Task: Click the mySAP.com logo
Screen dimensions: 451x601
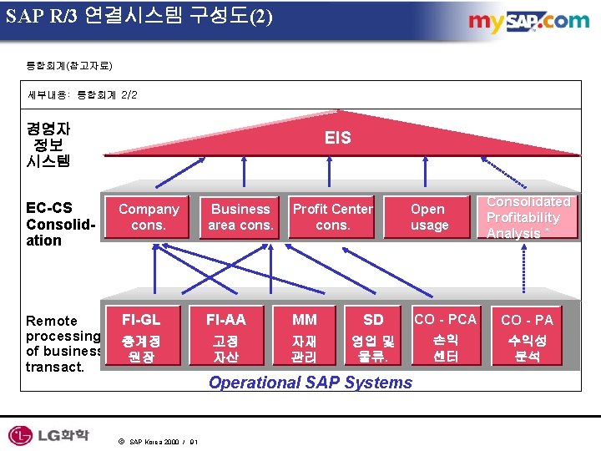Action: (528, 22)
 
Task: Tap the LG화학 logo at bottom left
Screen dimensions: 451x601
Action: (49, 435)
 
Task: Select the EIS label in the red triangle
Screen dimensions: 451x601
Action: (338, 138)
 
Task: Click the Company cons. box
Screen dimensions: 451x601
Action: (149, 217)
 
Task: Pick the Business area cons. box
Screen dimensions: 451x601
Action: (240, 217)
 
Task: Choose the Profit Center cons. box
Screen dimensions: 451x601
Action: (332, 217)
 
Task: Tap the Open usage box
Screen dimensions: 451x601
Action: (429, 217)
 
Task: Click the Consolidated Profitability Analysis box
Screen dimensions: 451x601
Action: (528, 217)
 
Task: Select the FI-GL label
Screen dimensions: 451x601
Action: (141, 319)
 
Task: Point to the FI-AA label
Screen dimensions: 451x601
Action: (225, 319)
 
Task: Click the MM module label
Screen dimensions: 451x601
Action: (304, 320)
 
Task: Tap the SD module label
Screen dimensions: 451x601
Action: (373, 320)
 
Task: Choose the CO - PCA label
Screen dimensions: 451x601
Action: (446, 319)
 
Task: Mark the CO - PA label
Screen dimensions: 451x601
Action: (527, 320)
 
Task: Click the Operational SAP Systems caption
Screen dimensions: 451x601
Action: (311, 383)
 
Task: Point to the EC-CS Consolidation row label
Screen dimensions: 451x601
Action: (56, 224)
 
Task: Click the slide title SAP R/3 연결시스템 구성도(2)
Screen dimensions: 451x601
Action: (139, 16)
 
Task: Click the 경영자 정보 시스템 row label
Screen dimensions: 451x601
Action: (48, 144)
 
